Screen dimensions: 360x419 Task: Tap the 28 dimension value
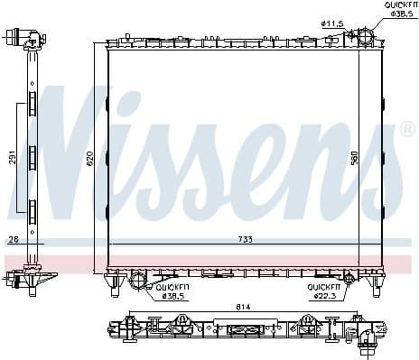coord(14,240)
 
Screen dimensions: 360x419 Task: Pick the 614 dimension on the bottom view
coord(244,308)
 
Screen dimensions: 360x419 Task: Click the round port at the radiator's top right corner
coord(364,38)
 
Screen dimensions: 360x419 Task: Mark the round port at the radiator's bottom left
coord(137,282)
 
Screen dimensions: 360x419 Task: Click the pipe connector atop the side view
coord(27,40)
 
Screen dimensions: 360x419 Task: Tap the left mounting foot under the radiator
coord(116,288)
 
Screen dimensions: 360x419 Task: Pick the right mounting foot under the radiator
coord(375,288)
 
